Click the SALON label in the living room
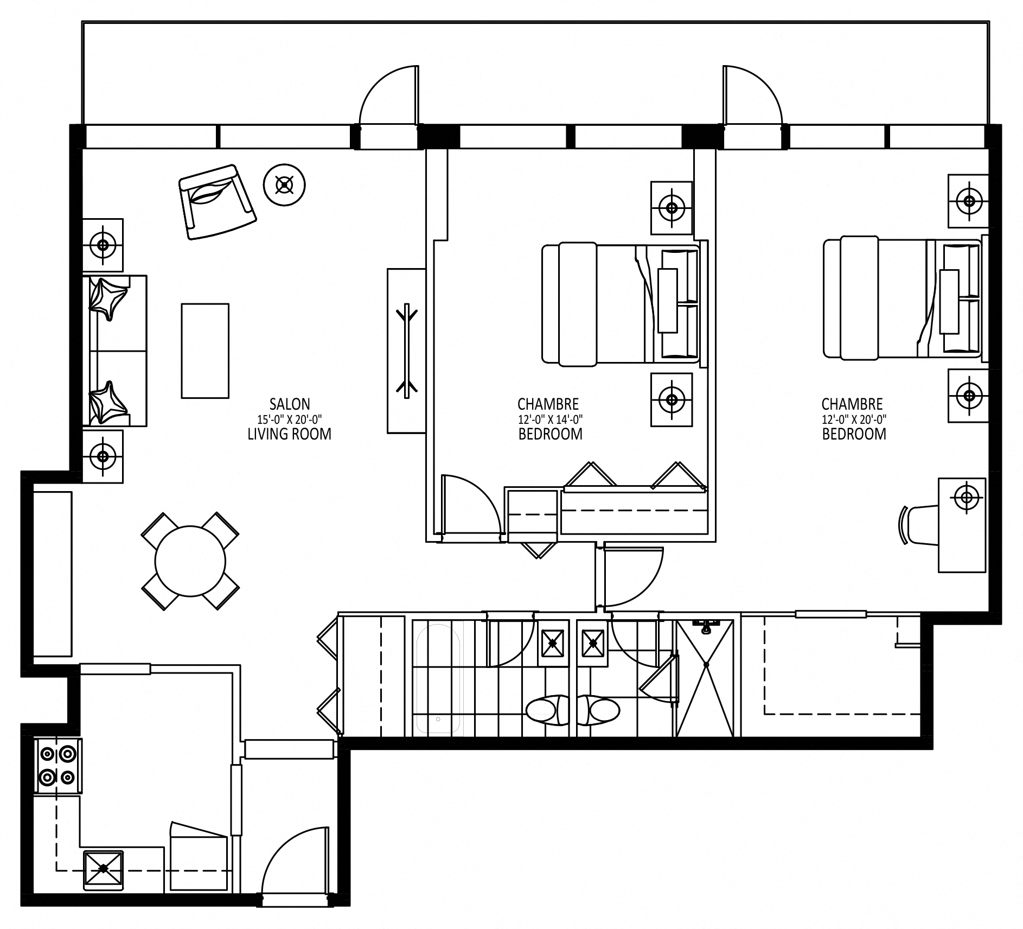click(x=290, y=404)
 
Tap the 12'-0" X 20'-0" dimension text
click(x=854, y=419)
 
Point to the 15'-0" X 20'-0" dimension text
click(x=290, y=419)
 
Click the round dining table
click(x=190, y=561)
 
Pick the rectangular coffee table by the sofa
click(x=205, y=351)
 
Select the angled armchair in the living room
click(x=218, y=202)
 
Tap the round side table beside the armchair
click(x=284, y=185)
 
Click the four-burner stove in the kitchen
click(x=58, y=766)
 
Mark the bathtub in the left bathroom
click(x=437, y=678)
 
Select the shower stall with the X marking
click(x=705, y=678)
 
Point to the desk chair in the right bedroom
click(x=919, y=524)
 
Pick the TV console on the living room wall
click(x=406, y=351)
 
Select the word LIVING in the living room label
click(x=268, y=434)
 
